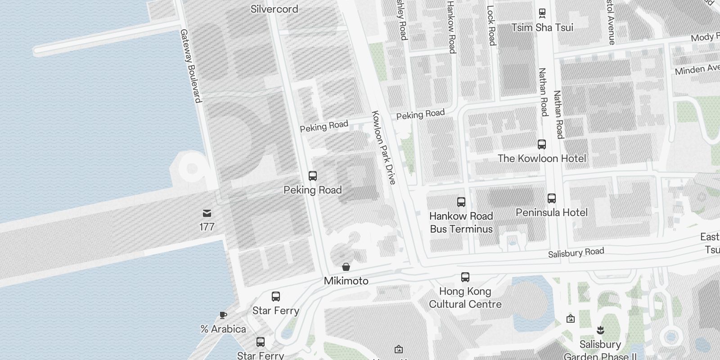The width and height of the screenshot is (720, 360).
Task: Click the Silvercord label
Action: click(x=274, y=9)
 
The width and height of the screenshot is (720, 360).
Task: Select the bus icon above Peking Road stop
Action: click(x=312, y=176)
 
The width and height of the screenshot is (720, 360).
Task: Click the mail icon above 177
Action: click(x=207, y=213)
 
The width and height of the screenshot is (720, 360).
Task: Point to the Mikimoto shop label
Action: click(x=346, y=281)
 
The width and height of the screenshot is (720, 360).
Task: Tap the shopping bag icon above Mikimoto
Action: click(x=346, y=267)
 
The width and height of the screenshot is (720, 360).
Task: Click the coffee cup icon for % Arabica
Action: click(x=223, y=315)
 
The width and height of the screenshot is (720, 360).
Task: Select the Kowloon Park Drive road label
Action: click(x=383, y=148)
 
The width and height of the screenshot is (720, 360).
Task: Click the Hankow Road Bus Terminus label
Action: click(x=461, y=222)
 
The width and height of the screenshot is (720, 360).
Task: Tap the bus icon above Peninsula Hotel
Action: click(x=551, y=198)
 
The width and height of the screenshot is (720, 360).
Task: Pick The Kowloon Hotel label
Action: click(x=541, y=158)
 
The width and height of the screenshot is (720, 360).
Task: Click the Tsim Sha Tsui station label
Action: click(x=542, y=28)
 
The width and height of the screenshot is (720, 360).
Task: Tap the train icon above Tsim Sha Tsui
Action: click(x=542, y=13)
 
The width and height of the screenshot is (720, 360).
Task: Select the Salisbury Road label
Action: click(x=576, y=253)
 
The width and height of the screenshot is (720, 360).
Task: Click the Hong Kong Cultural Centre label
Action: click(x=465, y=297)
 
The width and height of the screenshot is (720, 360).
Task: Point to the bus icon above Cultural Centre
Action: click(x=465, y=277)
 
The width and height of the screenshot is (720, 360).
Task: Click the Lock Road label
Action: click(x=491, y=25)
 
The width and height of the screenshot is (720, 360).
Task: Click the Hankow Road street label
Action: click(x=451, y=27)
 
